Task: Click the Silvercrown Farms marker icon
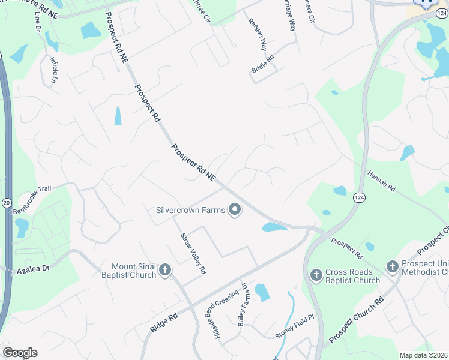tap(235, 209)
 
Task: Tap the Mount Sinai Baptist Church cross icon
tap(165, 271)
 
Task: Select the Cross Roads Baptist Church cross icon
tap(316, 275)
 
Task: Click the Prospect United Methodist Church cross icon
tap(392, 266)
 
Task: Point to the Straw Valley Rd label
tap(193, 253)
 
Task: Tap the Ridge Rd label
tap(164, 323)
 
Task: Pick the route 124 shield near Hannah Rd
tap(358, 198)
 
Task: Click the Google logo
tap(20, 353)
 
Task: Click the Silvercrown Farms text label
tap(190, 210)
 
